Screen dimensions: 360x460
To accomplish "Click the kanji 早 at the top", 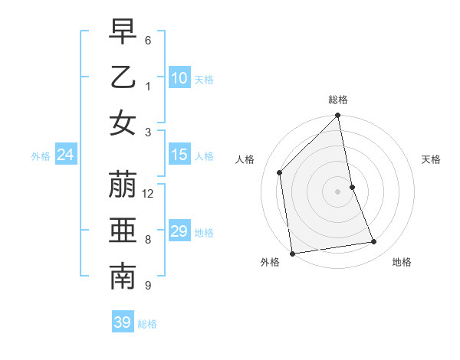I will [123, 32].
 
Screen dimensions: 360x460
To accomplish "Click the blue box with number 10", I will [179, 78].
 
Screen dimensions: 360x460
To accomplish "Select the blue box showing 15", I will [179, 155].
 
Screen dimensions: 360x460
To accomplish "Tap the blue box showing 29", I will [179, 231].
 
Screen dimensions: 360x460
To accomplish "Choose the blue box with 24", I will [65, 155].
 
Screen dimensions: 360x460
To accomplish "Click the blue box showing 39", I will [122, 322].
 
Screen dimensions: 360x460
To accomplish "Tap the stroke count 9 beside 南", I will [148, 286].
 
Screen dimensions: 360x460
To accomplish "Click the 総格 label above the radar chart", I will [338, 100].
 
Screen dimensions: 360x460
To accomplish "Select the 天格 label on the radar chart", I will [432, 159].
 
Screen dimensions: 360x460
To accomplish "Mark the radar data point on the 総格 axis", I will [338, 116].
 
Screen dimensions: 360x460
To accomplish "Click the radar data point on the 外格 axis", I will [292, 254].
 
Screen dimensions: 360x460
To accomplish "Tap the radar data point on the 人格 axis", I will [280, 172].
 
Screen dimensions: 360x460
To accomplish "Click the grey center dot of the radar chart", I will [338, 191].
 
